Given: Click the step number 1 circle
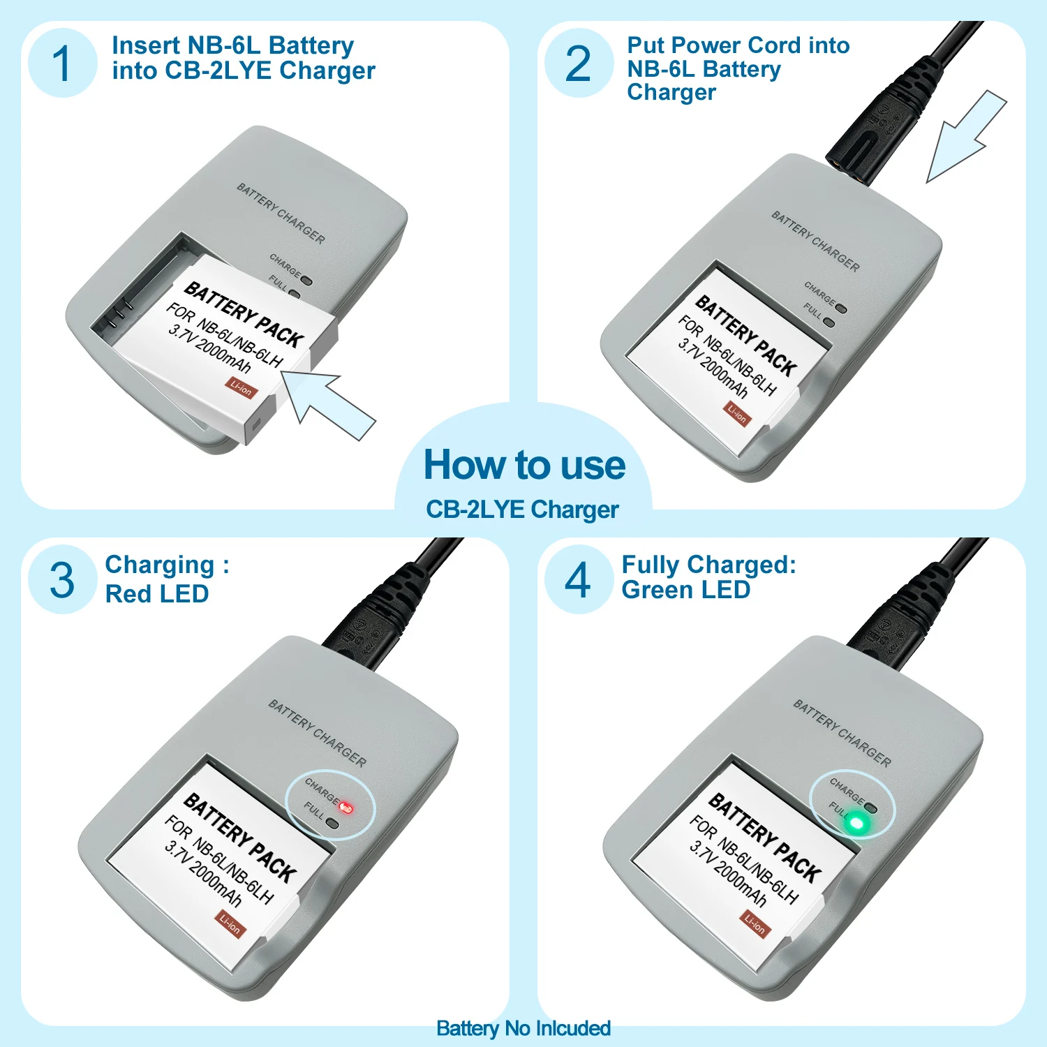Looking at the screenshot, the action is (x=62, y=63).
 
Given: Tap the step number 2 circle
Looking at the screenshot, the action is (x=579, y=63).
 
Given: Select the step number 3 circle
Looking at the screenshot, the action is (x=62, y=579).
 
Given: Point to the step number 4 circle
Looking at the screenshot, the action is (x=579, y=579).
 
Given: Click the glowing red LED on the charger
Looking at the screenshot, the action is (x=346, y=808).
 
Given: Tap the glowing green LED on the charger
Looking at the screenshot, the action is (x=856, y=824).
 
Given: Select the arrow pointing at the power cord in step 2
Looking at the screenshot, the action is (x=966, y=137).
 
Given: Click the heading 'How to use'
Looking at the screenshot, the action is (x=524, y=465).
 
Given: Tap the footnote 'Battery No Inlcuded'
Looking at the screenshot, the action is (x=523, y=1028).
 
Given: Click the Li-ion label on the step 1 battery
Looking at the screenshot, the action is (x=241, y=387).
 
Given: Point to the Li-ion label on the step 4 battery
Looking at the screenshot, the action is (x=755, y=924).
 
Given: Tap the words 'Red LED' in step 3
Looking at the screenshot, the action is (x=157, y=594).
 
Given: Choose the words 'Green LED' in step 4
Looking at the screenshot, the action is (x=685, y=590).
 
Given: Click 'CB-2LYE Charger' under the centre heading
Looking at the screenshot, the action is (x=522, y=510).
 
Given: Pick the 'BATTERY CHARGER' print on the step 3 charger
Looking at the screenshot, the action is (x=318, y=734).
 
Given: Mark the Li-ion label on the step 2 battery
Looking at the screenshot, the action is (x=737, y=414).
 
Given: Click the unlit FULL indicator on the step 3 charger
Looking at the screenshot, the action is (x=332, y=824).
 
